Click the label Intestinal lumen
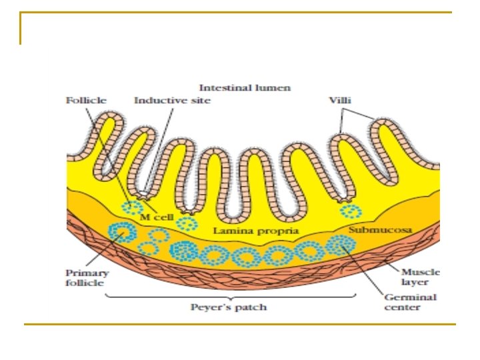(245, 87)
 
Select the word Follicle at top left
(85, 100)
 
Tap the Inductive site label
(172, 100)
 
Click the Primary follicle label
(87, 278)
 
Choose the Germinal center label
(410, 302)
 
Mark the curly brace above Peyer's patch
(229, 295)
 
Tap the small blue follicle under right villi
(351, 212)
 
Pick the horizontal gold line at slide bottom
(240, 325)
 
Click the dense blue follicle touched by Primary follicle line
(123, 233)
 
